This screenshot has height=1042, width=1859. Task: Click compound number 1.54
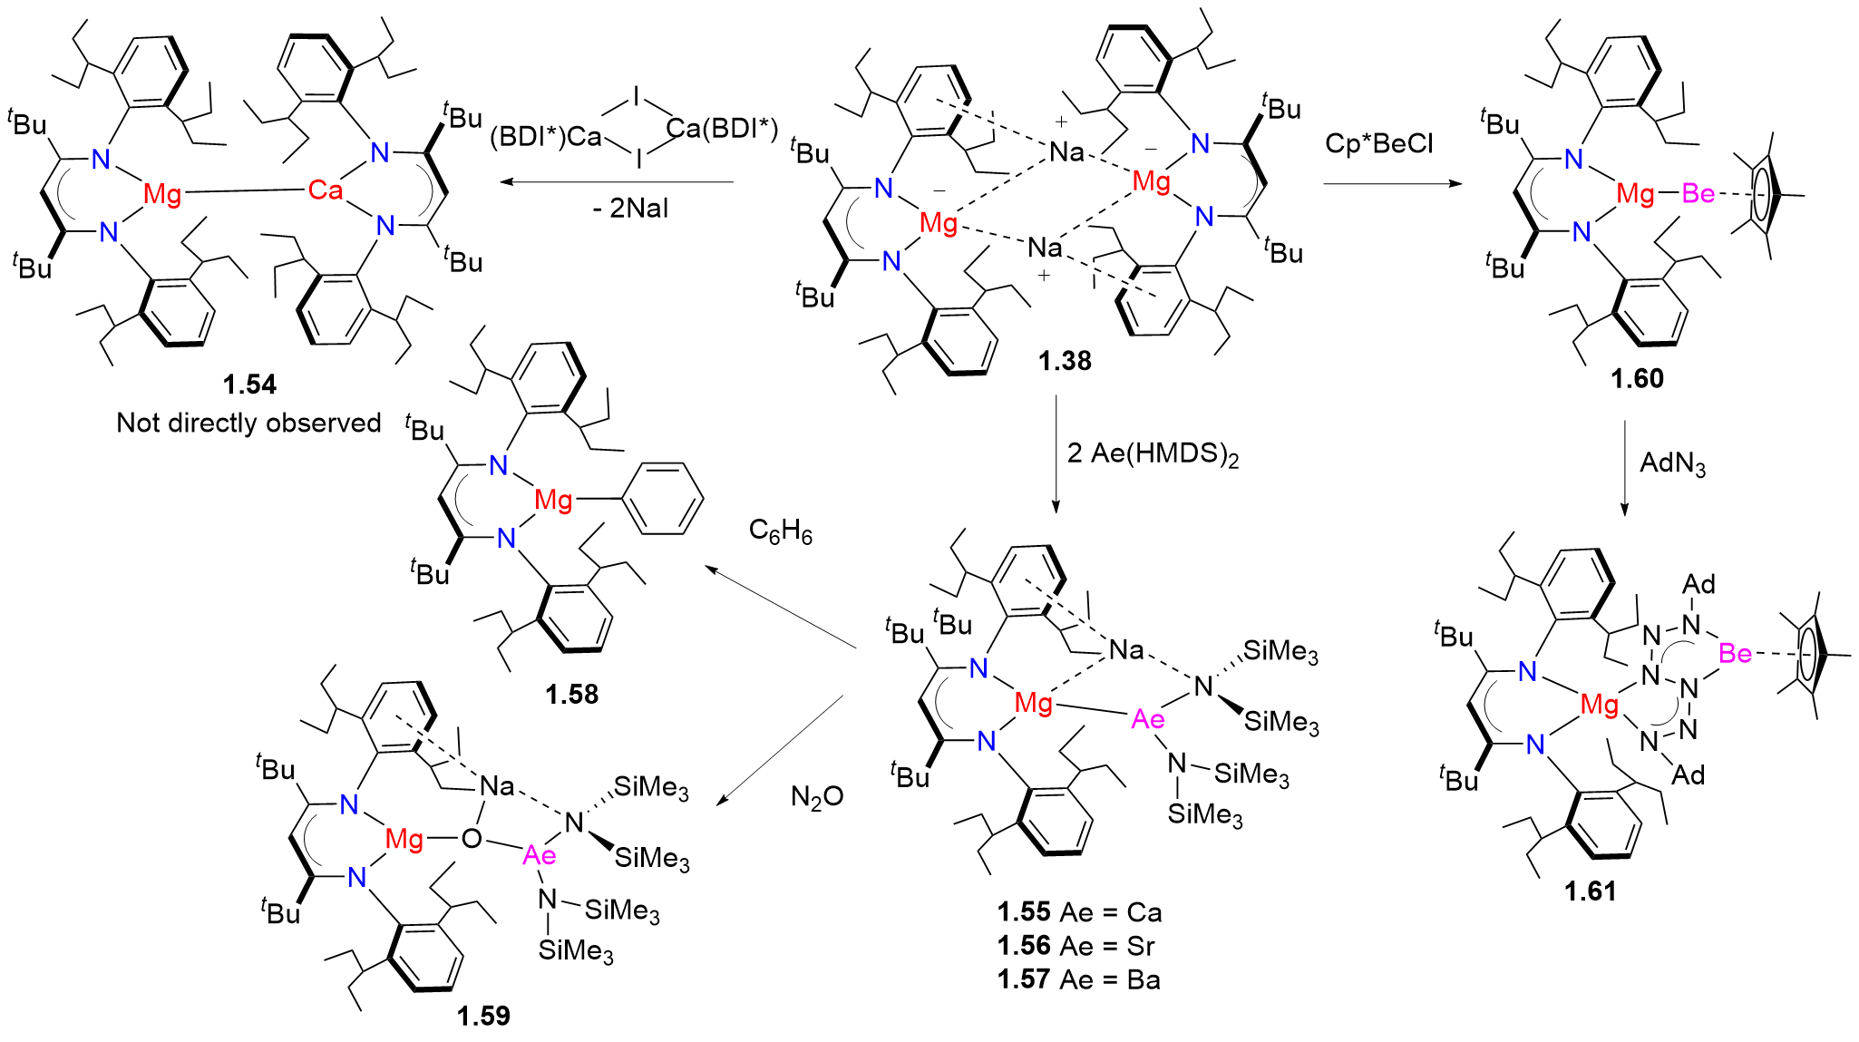[249, 385]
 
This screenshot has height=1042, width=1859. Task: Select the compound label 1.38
[1065, 361]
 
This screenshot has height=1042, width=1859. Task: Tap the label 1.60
[1637, 378]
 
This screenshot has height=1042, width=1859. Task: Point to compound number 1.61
[1590, 891]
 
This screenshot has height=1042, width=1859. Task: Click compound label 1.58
[571, 695]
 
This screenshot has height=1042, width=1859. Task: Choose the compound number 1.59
[483, 1016]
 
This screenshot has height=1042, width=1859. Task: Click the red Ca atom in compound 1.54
[326, 190]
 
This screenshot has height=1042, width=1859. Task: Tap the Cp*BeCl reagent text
[1378, 143]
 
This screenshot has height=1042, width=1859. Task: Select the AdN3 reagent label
[1672, 463]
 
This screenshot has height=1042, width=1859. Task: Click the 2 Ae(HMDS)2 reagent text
[1153, 453]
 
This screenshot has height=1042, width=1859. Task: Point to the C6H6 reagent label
[781, 531]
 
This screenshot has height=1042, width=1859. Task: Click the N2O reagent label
[817, 797]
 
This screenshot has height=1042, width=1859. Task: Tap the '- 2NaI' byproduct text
[631, 209]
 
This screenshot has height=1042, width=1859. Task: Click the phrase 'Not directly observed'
[248, 423]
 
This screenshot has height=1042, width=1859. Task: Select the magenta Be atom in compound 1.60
[1698, 193]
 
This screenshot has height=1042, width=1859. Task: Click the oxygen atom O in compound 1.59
[471, 839]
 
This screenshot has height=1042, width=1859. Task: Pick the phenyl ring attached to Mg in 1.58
[666, 499]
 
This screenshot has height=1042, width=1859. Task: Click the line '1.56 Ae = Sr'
[1075, 946]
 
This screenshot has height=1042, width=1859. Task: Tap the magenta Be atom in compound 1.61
[1735, 653]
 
